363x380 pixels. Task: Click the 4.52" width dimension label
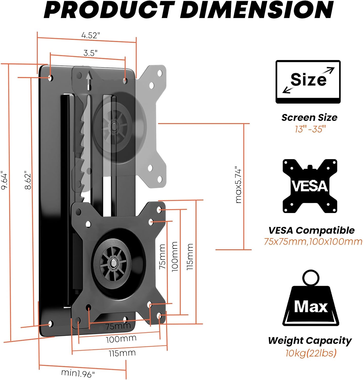(91, 35)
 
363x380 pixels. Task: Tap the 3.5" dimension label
(90, 53)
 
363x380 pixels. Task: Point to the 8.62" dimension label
(28, 181)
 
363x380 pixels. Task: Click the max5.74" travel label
(238, 185)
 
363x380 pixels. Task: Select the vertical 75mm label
(162, 256)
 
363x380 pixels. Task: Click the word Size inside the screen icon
(308, 80)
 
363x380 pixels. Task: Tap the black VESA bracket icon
(310, 186)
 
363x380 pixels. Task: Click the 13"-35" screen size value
(310, 129)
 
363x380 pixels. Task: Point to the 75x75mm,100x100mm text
(313, 241)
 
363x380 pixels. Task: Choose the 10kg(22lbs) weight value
(311, 353)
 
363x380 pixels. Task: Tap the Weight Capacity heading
(310, 340)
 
